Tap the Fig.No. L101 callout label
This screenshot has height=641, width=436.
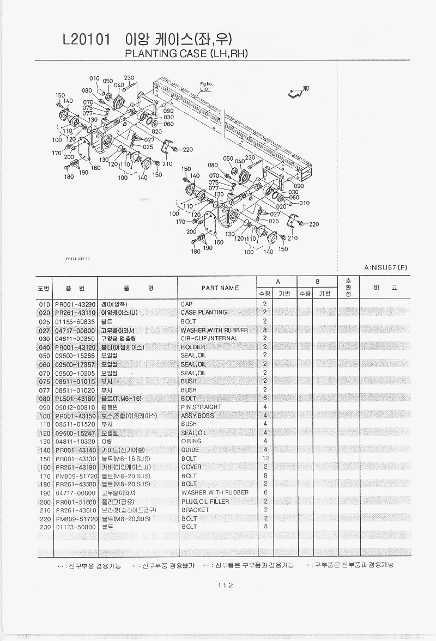tap(205, 86)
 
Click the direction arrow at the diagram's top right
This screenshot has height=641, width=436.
tap(295, 93)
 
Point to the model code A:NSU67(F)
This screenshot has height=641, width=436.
tap(385, 267)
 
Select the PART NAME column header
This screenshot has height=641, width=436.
tap(220, 288)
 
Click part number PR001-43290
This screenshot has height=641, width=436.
tap(75, 304)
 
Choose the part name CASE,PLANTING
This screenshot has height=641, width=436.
tap(203, 313)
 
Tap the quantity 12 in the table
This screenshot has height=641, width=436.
tap(266, 459)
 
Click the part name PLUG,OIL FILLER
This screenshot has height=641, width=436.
tap(204, 502)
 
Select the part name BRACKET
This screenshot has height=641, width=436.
tap(195, 510)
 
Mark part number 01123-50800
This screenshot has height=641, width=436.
tap(75, 527)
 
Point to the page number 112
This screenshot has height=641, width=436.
tap(225, 585)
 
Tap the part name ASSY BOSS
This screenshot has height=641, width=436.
tap(197, 416)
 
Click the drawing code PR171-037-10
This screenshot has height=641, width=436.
tap(77, 259)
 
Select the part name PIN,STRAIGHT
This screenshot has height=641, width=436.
tap(201, 407)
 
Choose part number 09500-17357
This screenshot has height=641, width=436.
tap(75, 364)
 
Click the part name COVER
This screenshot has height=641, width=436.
tap(191, 467)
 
